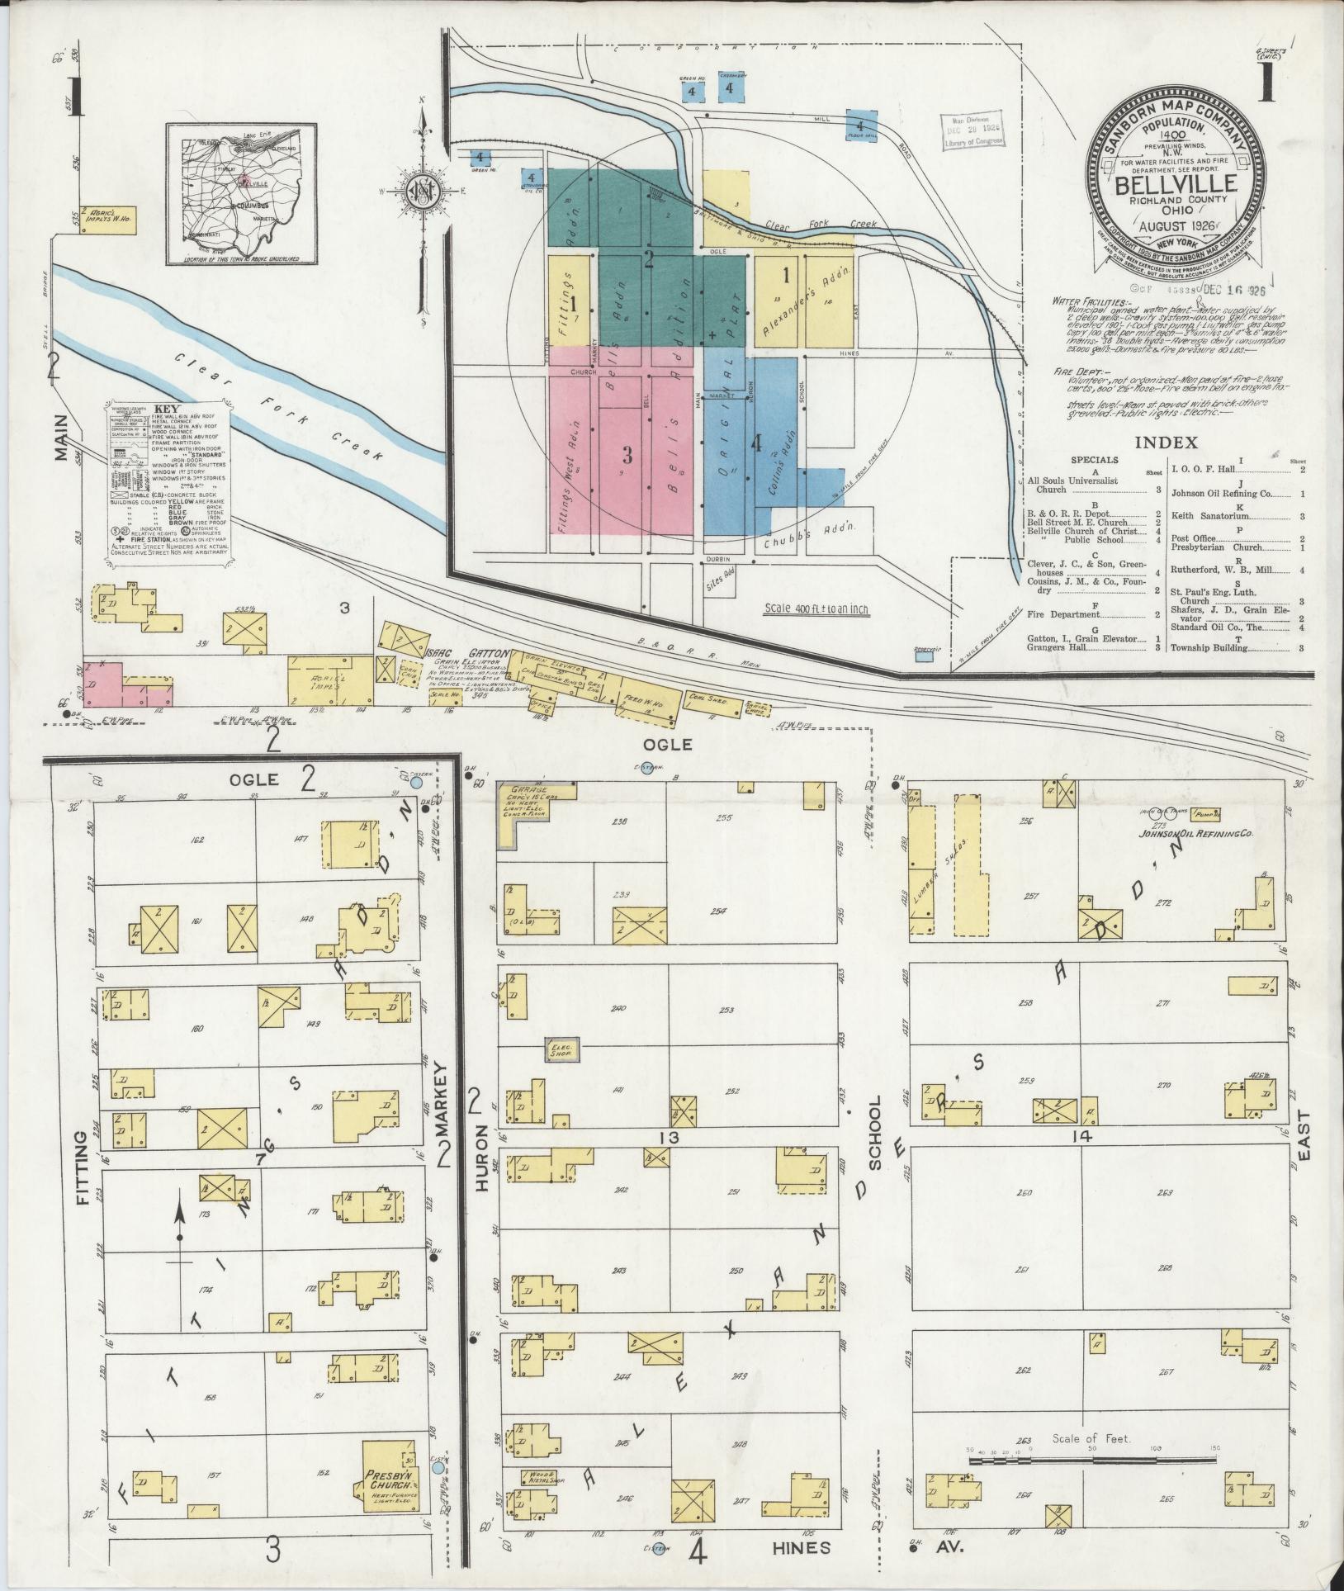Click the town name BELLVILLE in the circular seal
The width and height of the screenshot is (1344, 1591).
[1175, 184]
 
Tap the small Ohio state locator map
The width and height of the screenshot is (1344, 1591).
[241, 195]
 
